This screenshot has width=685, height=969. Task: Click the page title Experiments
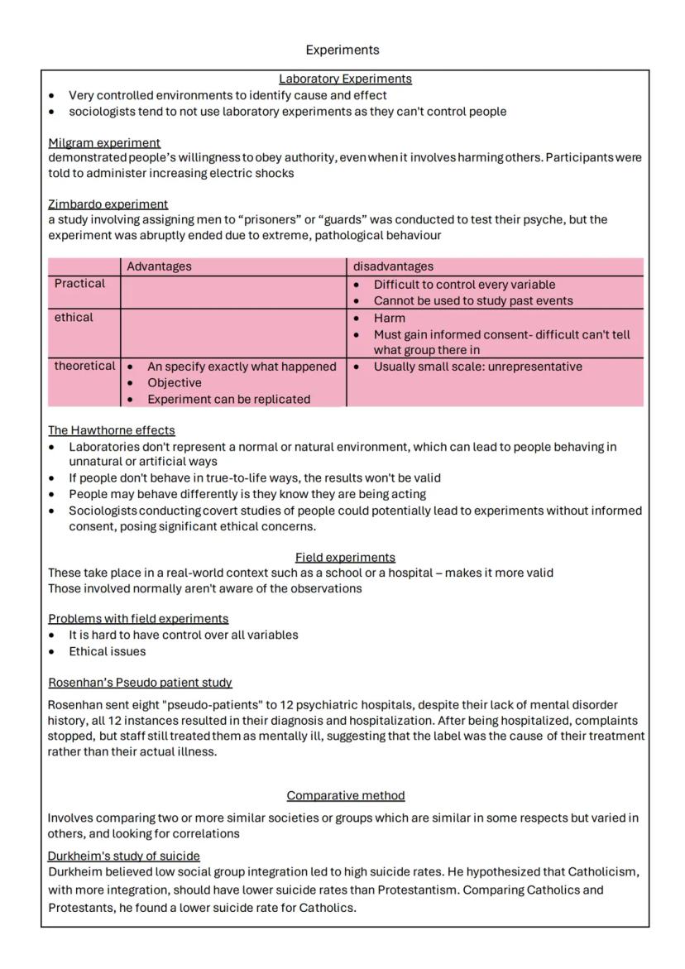click(342, 50)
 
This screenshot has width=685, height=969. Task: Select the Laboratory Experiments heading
click(345, 79)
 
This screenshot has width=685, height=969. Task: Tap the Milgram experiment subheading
click(104, 142)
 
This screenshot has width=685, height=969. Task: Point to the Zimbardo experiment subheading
click(108, 204)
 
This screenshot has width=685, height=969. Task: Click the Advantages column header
click(159, 266)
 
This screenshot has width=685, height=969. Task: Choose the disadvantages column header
click(393, 266)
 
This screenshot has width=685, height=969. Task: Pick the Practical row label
click(79, 284)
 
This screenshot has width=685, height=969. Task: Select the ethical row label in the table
click(74, 318)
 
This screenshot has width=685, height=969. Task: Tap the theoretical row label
click(84, 367)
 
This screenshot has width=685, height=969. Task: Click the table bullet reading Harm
click(389, 318)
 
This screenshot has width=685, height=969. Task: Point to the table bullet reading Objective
click(174, 383)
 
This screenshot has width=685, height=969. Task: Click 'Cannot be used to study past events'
click(472, 301)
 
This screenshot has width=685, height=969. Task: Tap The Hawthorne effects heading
click(111, 430)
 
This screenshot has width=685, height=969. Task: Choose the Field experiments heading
click(345, 557)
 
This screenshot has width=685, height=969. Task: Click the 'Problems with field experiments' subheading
click(138, 618)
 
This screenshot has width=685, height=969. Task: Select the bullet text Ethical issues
click(107, 651)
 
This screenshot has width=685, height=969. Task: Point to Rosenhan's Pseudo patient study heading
click(140, 683)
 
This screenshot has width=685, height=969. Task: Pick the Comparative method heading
click(346, 795)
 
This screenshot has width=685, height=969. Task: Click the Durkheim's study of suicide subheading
click(123, 856)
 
